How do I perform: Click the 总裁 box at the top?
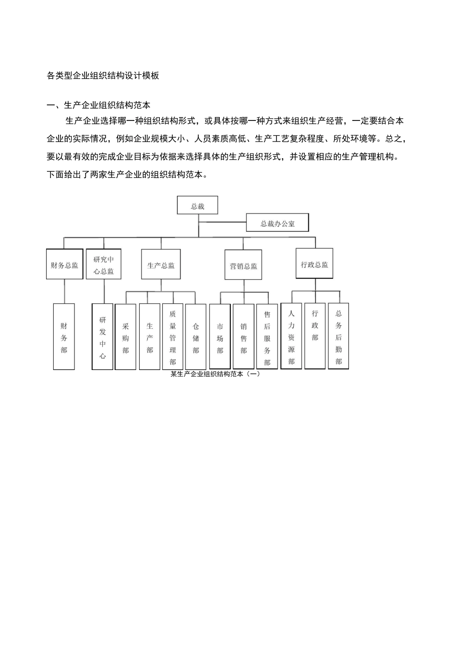click(x=197, y=205)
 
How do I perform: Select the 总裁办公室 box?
click(x=277, y=223)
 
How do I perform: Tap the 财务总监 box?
click(x=64, y=264)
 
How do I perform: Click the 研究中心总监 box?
click(x=104, y=264)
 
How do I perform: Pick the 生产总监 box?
click(x=161, y=264)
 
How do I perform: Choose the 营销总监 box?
click(x=243, y=265)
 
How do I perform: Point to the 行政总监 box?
click(x=314, y=263)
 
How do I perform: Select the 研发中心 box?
click(x=103, y=337)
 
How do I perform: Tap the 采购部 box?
click(x=126, y=337)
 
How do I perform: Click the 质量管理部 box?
click(x=173, y=337)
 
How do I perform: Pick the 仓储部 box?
click(x=196, y=337)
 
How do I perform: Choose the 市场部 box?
click(x=220, y=337)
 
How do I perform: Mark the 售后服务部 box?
click(x=267, y=337)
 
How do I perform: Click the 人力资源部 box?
click(x=291, y=336)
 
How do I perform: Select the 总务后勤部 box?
click(x=338, y=336)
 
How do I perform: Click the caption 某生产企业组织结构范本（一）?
click(x=215, y=374)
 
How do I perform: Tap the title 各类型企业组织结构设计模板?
click(x=103, y=75)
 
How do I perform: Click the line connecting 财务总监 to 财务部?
click(x=64, y=291)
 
